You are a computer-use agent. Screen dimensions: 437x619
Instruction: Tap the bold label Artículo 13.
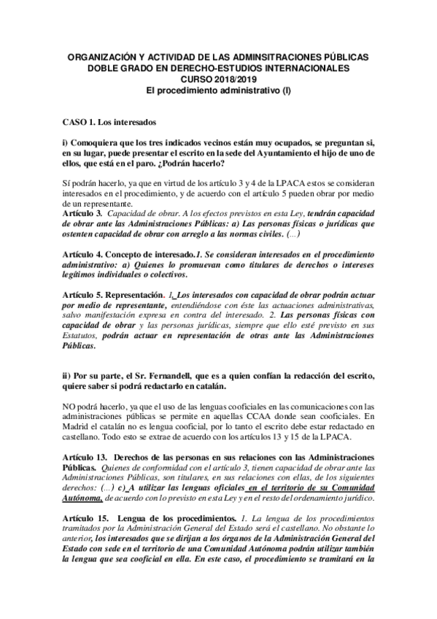(85, 455)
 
